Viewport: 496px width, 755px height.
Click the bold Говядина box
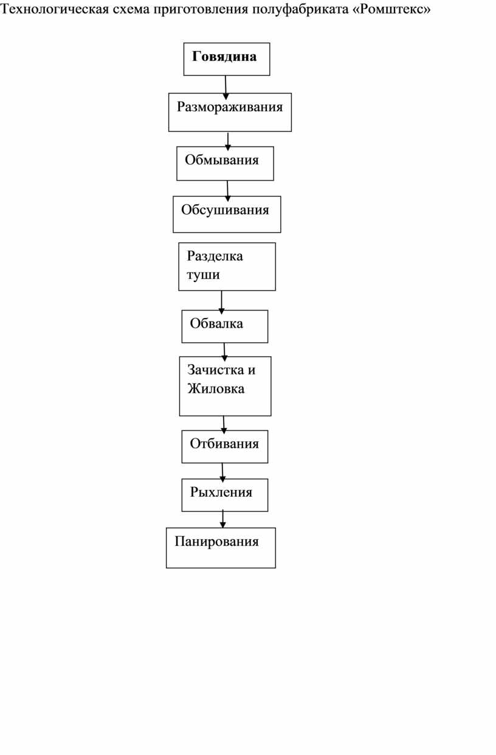227,59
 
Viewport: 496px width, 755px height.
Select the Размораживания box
230,112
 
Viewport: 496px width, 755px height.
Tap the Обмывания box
225,164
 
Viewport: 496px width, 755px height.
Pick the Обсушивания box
227,215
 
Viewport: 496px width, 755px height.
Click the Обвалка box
225,326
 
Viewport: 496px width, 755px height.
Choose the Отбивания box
225,447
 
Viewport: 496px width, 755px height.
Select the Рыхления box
225,495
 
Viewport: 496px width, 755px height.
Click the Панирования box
221,548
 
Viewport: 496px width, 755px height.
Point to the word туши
203,275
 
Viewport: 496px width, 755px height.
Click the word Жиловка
216,388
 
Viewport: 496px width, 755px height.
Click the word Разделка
215,256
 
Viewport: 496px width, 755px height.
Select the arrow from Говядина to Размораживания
226,88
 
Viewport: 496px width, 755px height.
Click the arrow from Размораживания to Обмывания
228,141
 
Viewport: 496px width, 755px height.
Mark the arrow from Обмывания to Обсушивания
227,191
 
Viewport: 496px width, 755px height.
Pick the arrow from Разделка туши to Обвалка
221,302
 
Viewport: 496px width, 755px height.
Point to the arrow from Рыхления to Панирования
222,519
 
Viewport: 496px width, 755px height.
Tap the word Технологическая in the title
55,9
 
